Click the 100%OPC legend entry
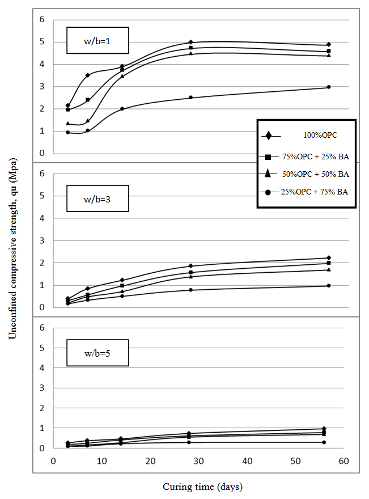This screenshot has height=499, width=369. click(306, 136)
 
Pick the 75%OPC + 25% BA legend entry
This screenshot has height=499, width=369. click(306, 156)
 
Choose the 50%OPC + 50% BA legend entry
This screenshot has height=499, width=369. click(306, 174)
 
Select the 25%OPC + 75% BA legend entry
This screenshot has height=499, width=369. click(306, 192)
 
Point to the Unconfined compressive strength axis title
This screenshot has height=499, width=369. click(12, 249)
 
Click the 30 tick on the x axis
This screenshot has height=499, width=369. click(198, 462)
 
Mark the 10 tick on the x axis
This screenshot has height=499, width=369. click(101, 462)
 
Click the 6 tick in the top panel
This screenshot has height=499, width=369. click(41, 19)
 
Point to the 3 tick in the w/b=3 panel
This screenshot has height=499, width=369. click(41, 240)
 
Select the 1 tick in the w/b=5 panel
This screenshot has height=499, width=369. click(41, 428)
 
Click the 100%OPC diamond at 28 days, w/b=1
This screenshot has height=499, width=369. click(190, 42)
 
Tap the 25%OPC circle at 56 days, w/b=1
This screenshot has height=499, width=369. click(329, 87)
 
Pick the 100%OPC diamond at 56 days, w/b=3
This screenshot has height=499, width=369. click(329, 258)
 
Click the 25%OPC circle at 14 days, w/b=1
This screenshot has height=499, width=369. click(122, 109)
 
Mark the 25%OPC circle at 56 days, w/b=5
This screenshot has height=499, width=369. click(324, 442)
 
